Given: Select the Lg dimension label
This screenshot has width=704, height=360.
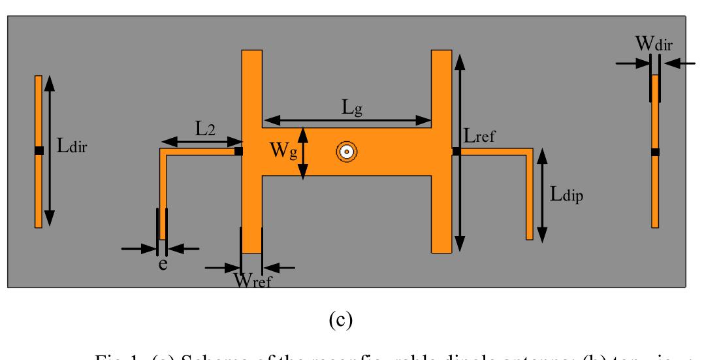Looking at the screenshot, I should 353,108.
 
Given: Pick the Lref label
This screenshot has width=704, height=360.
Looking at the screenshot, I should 482,137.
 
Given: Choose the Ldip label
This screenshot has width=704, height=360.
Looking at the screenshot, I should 566,195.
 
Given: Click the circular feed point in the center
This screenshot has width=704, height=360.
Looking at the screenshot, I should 345,152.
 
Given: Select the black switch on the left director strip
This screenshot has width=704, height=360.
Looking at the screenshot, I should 39,151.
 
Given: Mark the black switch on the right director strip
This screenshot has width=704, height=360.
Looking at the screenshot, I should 655,152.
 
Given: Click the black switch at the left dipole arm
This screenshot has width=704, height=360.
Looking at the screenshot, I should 238,152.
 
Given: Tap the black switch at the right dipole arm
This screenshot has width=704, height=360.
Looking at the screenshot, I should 456,152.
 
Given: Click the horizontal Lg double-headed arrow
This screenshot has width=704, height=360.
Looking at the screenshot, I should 347,121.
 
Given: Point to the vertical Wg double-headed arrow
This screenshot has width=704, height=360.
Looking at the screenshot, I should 302,153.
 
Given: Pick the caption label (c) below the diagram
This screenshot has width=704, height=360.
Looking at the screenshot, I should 342,320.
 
